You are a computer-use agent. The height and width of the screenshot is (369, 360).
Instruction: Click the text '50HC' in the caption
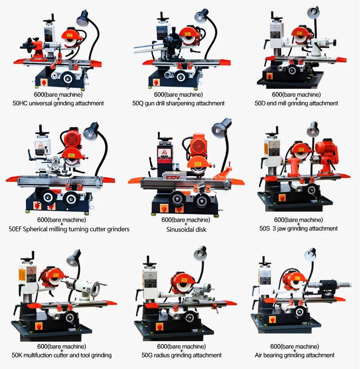[20, 103]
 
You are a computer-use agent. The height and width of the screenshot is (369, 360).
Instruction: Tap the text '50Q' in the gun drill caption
[137, 103]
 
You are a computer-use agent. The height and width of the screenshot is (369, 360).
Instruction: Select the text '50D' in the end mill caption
[260, 103]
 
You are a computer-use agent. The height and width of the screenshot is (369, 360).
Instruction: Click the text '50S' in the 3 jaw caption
[264, 228]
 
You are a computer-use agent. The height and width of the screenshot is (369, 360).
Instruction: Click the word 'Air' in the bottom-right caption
[259, 355]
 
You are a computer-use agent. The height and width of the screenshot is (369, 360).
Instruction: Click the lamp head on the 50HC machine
[82, 19]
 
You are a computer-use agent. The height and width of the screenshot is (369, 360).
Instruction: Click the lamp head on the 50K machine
[74, 258]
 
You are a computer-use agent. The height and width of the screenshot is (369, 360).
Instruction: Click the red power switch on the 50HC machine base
[44, 83]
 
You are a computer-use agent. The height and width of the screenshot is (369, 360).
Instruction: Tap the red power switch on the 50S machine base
[282, 198]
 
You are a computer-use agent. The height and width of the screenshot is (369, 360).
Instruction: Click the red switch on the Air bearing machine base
[273, 320]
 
